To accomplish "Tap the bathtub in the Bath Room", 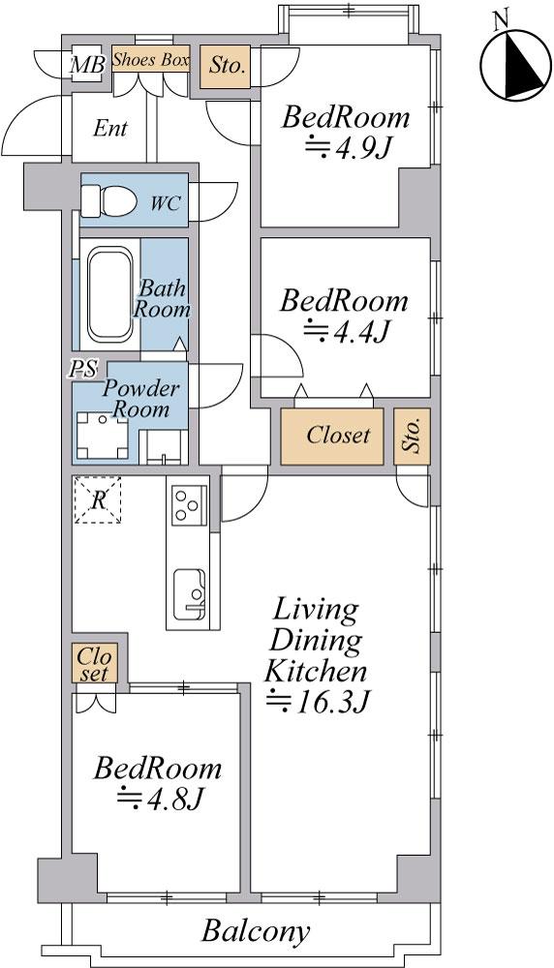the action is click(110, 294).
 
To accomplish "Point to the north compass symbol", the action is click(515, 66).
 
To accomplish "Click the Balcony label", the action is click(257, 931).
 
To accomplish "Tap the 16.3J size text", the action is click(318, 702).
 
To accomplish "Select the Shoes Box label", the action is click(151, 60).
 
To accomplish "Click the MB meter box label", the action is click(87, 64).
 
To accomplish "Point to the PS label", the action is click(83, 369).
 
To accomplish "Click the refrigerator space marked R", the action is click(98, 500).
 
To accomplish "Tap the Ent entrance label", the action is click(110, 129).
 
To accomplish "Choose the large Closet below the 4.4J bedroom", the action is click(332, 436).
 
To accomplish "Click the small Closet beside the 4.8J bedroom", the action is click(95, 664).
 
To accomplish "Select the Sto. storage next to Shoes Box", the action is click(226, 66).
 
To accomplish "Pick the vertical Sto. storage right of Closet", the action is click(412, 436).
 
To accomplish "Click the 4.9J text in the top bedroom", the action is click(349, 149).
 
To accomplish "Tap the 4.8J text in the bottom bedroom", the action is click(161, 800).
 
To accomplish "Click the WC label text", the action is click(166, 204).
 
